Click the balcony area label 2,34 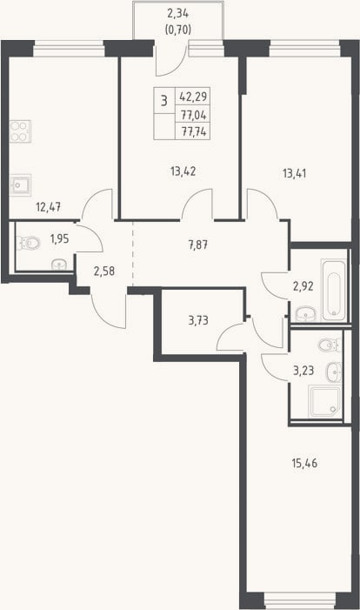(177, 14)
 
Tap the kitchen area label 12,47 (48, 207)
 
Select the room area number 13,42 (183, 171)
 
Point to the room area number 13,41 (294, 173)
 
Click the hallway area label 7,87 (198, 245)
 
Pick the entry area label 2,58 (104, 271)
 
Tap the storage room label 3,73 (198, 320)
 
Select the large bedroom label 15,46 (304, 463)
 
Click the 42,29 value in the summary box (193, 96)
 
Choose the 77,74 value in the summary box (194, 131)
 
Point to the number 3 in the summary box (164, 101)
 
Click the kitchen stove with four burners (20, 131)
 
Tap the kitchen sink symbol (20, 185)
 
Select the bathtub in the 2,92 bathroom (334, 291)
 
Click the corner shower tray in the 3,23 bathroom (324, 401)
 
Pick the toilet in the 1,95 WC (29, 243)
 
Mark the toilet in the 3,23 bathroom (330, 345)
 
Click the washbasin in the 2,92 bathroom (306, 314)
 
